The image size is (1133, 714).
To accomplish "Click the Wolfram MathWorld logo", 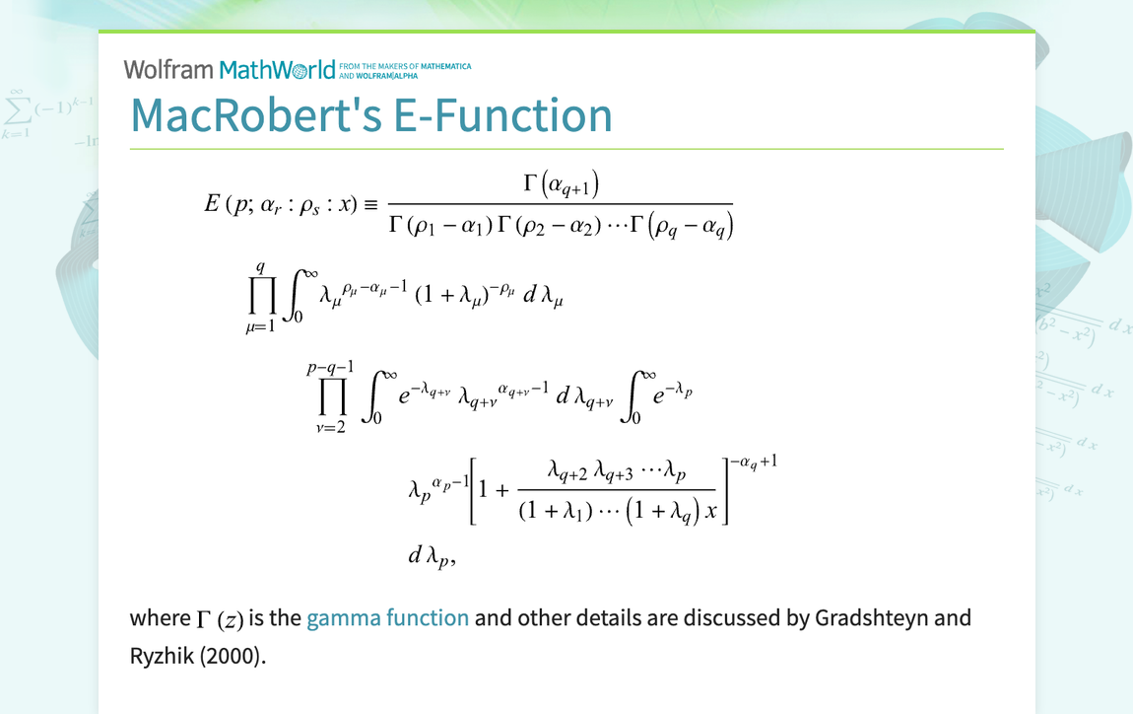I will (229, 69).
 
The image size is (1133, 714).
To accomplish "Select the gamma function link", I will (387, 618).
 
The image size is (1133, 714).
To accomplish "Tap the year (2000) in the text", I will (232, 656).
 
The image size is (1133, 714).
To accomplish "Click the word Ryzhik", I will (162, 656).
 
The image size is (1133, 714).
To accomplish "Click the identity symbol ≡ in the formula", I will (371, 206).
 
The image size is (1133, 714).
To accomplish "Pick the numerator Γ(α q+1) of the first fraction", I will (561, 184).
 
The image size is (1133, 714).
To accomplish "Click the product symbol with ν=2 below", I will (331, 396).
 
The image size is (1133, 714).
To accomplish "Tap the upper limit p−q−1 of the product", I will (331, 367).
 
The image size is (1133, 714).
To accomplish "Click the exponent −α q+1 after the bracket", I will (755, 461).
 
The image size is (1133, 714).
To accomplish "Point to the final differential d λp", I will (431, 556).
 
